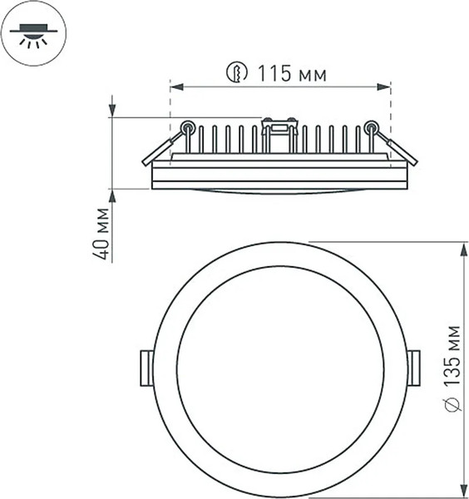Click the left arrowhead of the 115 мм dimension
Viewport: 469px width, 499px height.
point(175,86)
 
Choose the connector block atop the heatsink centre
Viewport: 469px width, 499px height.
point(279,127)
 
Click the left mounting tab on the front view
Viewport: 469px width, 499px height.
point(146,368)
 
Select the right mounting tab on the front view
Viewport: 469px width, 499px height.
point(414,368)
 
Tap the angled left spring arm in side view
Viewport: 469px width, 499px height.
point(158,151)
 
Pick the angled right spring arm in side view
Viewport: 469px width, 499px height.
point(402,150)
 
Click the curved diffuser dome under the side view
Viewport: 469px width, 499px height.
point(279,192)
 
